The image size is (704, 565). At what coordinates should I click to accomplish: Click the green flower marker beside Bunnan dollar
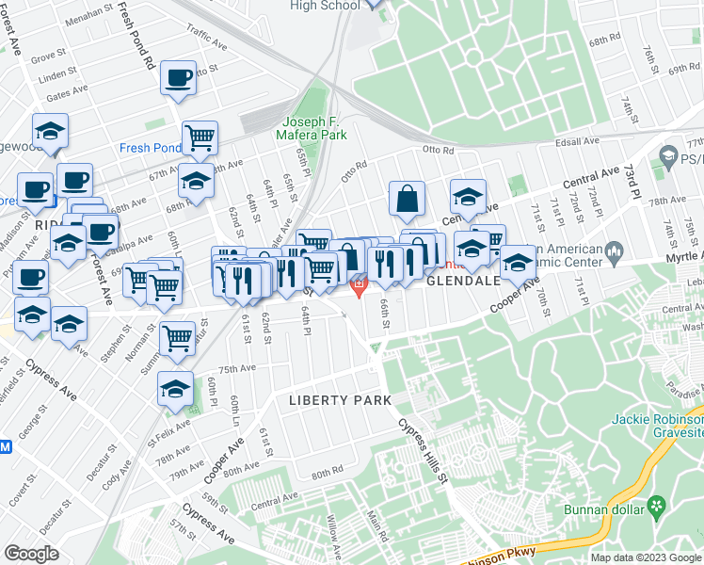pos(654,508)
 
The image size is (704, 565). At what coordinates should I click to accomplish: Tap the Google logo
pos(31,554)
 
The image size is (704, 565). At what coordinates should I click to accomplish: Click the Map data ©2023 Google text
pos(646,557)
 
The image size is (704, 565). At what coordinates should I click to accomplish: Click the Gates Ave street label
pos(66,94)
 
